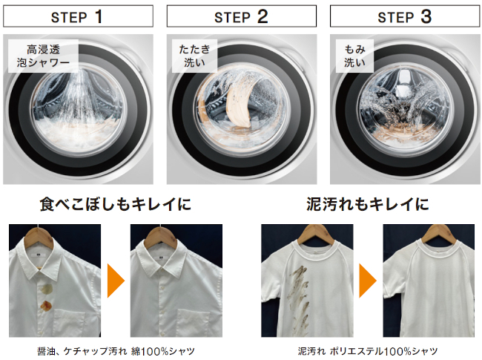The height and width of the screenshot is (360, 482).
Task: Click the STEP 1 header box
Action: [x=78, y=16]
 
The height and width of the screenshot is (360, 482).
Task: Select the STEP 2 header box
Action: [x=242, y=16]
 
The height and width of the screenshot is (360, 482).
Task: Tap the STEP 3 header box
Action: [x=405, y=16]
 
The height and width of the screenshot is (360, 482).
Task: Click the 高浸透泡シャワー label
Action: [x=43, y=56]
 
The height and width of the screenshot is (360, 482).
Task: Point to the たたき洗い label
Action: [x=194, y=56]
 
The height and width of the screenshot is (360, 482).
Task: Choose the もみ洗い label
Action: [x=354, y=56]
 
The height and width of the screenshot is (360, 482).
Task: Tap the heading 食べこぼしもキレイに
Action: [x=115, y=204]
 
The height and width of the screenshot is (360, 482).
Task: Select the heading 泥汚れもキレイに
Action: [x=368, y=204]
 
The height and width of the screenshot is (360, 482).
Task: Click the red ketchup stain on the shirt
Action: [x=47, y=304]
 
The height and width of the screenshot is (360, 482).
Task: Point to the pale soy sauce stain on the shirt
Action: [x=47, y=289]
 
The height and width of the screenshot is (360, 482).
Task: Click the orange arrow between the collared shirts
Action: [x=115, y=281]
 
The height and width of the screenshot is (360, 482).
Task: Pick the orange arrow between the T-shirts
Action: [x=367, y=281]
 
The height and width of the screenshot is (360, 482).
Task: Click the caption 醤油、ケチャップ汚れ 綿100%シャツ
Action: [x=116, y=351]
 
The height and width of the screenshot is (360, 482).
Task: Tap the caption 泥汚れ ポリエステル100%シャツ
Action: [x=368, y=351]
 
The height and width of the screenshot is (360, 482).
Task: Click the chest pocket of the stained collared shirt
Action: [x=70, y=324]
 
